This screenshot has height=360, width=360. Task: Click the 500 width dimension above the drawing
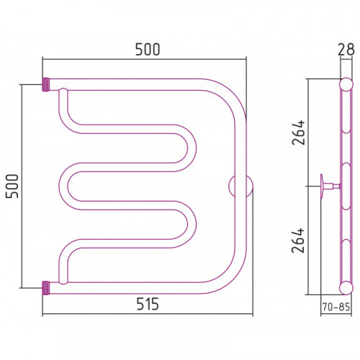point(148,50)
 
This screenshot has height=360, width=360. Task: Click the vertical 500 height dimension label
point(12,186)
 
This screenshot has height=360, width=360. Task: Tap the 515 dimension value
point(148,304)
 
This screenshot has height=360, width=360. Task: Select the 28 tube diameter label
point(346,50)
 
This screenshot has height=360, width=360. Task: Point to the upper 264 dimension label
point(298,132)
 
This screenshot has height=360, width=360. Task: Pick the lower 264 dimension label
point(298,240)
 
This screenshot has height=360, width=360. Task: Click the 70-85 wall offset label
point(336,307)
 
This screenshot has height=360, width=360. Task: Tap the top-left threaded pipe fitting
point(46,84)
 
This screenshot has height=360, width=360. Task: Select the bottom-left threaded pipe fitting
point(46,288)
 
